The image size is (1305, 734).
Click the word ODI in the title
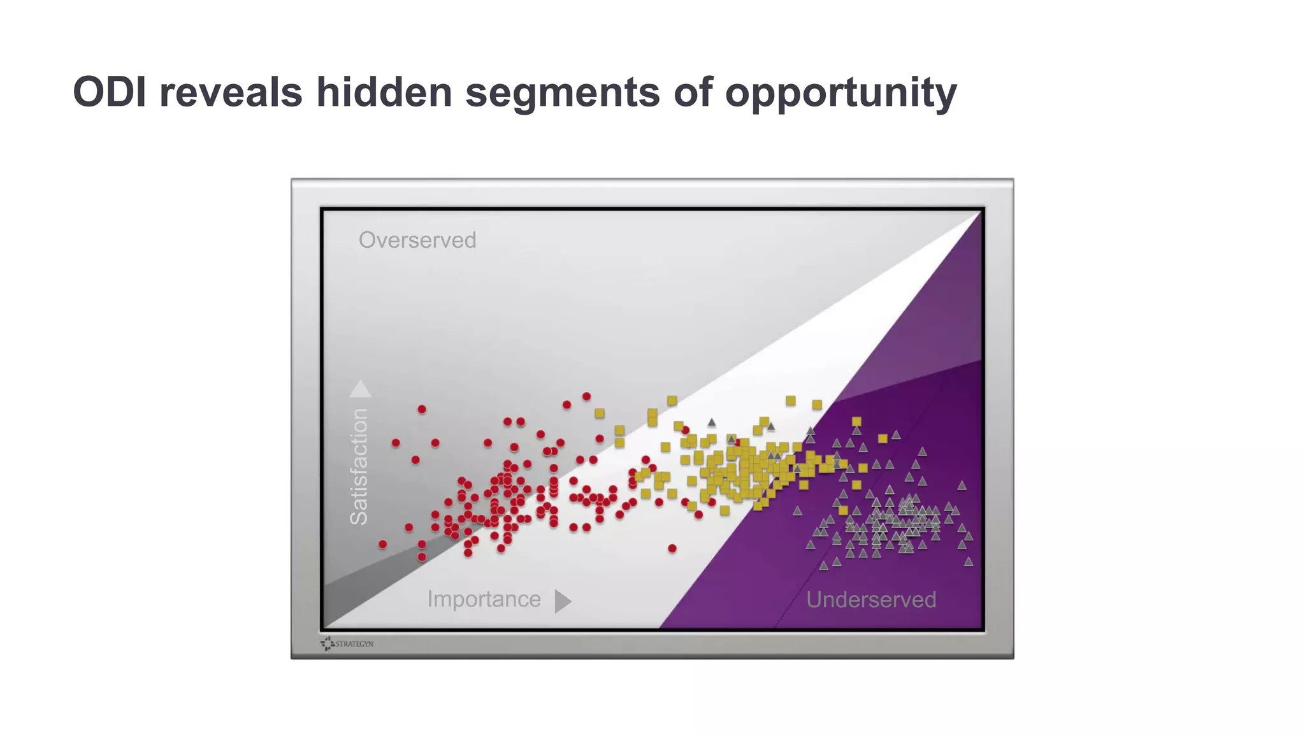(x=110, y=92)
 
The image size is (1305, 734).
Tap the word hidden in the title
(x=384, y=92)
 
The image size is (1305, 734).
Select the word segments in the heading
(x=563, y=92)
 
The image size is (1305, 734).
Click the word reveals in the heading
(x=230, y=92)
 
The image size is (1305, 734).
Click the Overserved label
(x=417, y=240)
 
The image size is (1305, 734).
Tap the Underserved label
(x=871, y=600)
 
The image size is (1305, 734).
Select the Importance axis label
(x=484, y=599)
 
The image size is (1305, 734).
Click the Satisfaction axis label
(x=359, y=467)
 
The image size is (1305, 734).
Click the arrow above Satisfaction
(x=360, y=389)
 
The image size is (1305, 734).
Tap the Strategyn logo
(x=347, y=644)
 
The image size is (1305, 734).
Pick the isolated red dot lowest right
(x=672, y=548)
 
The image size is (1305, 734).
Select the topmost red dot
(x=586, y=396)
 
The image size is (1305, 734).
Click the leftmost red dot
(x=382, y=544)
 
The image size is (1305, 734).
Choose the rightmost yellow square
(x=883, y=438)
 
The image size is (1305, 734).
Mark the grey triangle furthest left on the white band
(x=712, y=422)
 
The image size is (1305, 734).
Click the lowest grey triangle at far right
(x=969, y=561)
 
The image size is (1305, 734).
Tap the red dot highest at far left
(x=422, y=409)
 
